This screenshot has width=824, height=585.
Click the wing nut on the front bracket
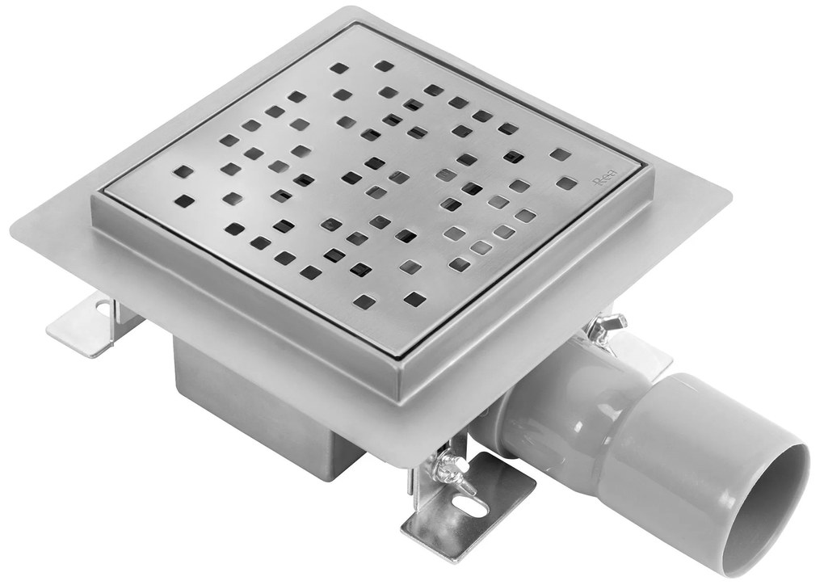(x=447, y=466)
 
